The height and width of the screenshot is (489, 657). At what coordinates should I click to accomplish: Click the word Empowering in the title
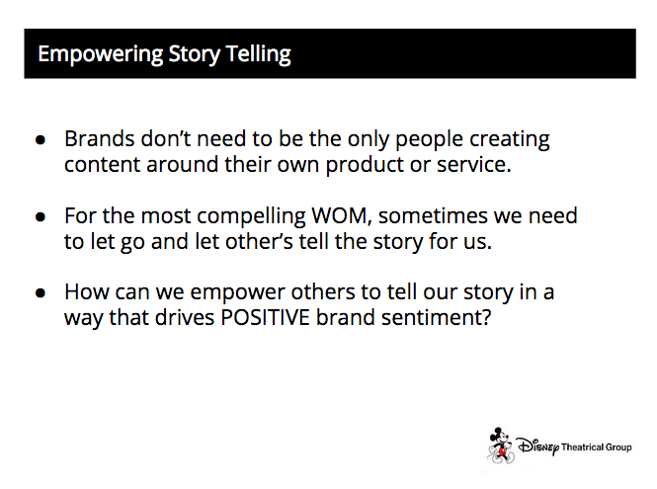(x=101, y=55)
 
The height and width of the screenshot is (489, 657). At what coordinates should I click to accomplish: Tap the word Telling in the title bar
(x=258, y=55)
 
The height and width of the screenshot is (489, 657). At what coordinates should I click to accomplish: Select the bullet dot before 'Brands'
(x=41, y=140)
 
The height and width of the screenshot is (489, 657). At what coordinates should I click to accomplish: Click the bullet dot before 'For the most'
(x=41, y=216)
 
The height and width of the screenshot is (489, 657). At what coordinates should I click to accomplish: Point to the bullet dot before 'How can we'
(x=41, y=292)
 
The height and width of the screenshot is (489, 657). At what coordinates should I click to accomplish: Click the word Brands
(x=100, y=138)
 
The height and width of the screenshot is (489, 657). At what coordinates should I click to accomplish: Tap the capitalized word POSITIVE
(x=265, y=317)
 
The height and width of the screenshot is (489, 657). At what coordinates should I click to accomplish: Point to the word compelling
(x=251, y=216)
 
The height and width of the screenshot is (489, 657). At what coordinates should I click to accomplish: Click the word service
(x=474, y=164)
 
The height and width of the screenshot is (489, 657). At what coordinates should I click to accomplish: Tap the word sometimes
(x=433, y=215)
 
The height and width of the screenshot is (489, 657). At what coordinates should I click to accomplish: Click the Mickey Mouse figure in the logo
(x=500, y=445)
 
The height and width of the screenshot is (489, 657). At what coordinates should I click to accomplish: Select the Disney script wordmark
(x=538, y=447)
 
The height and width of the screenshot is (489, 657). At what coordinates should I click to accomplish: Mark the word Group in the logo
(x=618, y=448)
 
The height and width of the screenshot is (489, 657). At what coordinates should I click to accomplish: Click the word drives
(x=185, y=317)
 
